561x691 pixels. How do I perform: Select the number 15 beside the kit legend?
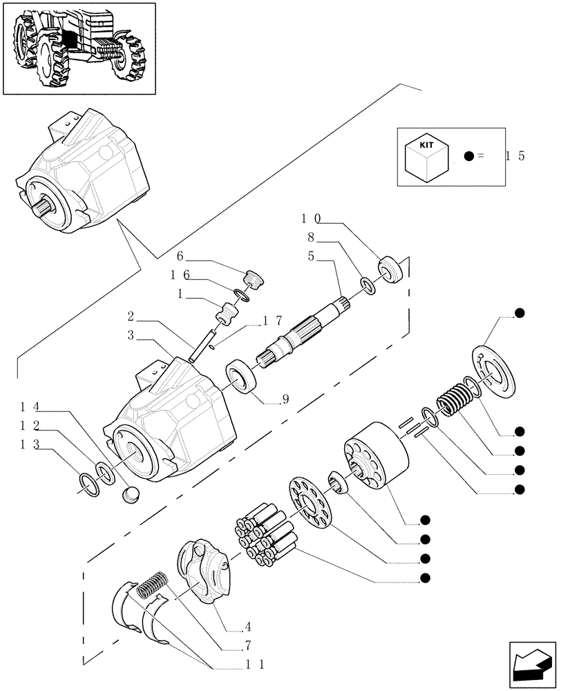click(x=515, y=156)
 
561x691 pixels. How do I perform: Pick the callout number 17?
click(x=272, y=321)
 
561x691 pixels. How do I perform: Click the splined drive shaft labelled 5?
click(x=304, y=332)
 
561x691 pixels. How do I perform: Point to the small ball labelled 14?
click(x=131, y=495)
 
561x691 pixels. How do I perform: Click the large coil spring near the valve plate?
click(x=455, y=400)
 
